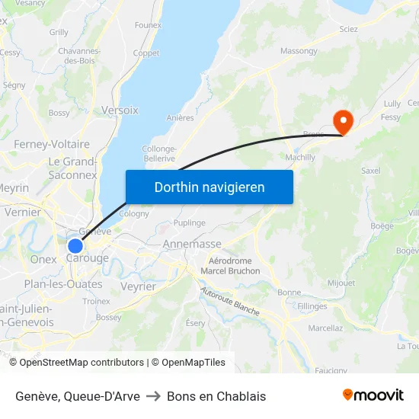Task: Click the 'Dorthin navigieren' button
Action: (x=209, y=187)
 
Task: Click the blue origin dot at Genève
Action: (x=75, y=246)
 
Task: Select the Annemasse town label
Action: (x=192, y=245)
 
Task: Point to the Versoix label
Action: (x=120, y=110)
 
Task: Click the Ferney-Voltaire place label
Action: (x=52, y=144)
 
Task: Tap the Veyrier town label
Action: (x=138, y=286)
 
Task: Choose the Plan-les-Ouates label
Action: (x=63, y=284)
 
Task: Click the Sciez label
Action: (x=349, y=29)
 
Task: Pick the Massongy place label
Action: (x=299, y=51)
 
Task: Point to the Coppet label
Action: (x=146, y=53)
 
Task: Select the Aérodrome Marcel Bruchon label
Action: (x=234, y=266)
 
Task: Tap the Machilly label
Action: (x=299, y=158)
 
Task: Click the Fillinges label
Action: (x=312, y=306)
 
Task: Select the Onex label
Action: (x=43, y=259)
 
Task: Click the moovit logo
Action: (x=373, y=395)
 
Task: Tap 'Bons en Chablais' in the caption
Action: (x=216, y=396)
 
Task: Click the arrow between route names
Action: (x=153, y=396)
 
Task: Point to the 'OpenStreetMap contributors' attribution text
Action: (x=82, y=363)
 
